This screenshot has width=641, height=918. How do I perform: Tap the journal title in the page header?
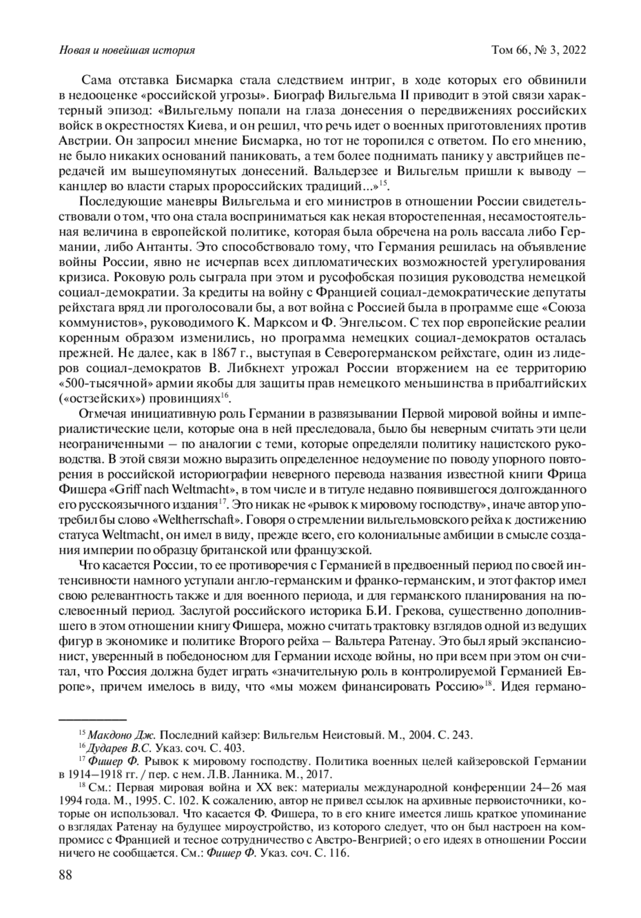point(127,51)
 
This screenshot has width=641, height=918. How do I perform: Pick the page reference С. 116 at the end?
point(330,853)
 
